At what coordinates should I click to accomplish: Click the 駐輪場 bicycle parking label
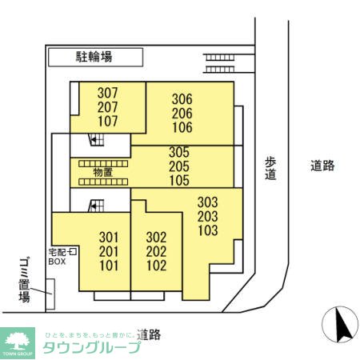(95, 57)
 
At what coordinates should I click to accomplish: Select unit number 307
(107, 93)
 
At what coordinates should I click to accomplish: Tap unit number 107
(107, 122)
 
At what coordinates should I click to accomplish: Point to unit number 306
(182, 99)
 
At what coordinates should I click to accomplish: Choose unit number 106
(182, 128)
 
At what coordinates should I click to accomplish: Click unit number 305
(178, 152)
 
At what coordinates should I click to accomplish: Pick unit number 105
(178, 181)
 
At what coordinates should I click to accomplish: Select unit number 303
(208, 202)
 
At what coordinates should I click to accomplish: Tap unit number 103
(208, 231)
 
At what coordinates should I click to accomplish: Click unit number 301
(108, 237)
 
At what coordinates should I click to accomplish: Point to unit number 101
(108, 266)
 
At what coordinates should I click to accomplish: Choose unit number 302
(157, 238)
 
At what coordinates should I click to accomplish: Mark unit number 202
(157, 252)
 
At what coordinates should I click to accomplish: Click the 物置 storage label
(102, 172)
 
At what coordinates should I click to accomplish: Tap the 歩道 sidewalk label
(270, 167)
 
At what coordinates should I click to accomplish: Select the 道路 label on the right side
(322, 166)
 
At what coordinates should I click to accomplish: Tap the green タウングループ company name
(90, 347)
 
